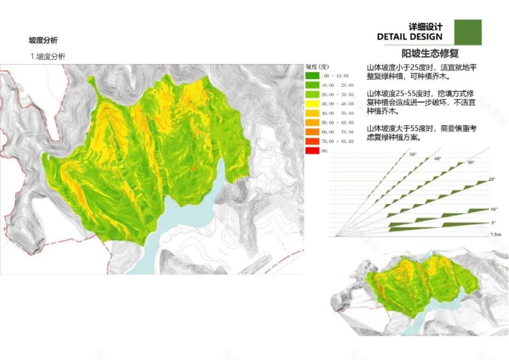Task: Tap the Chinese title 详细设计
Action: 425,27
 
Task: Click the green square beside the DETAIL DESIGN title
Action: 467,32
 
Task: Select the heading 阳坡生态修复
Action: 430,54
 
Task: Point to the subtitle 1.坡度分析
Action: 48,57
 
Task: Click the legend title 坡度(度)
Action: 318,67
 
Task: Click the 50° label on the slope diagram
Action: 413,154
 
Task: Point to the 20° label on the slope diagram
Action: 492,180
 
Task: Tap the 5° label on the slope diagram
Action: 493,221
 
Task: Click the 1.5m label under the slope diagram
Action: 495,235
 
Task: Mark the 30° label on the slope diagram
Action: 471,163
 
